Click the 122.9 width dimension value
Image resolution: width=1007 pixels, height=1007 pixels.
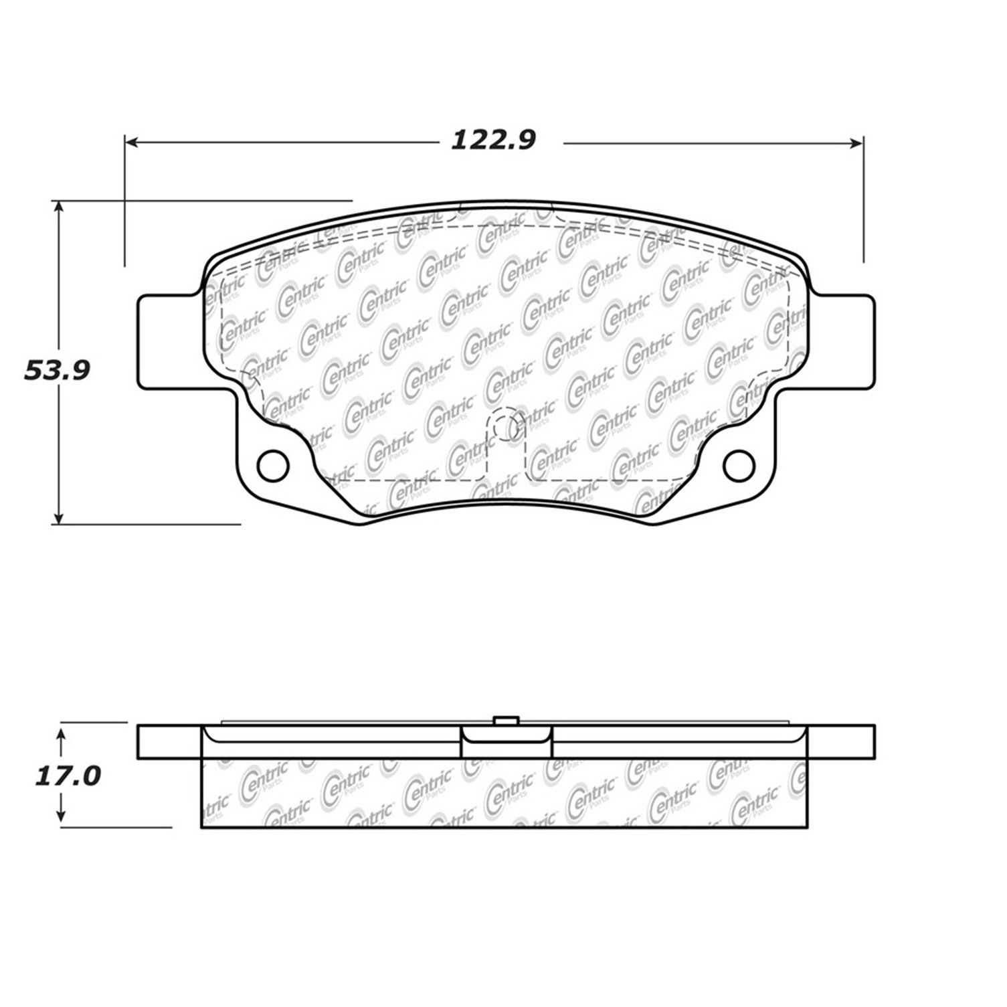[494, 141]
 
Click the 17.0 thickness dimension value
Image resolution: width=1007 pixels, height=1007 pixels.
[67, 776]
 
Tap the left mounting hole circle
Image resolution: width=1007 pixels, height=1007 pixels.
[272, 465]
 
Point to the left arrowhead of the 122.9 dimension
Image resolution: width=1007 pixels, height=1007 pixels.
[132, 142]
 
